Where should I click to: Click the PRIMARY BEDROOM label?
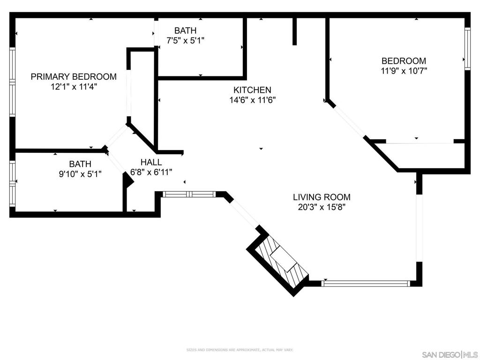click(x=74, y=76)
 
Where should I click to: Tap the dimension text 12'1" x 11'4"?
click(x=74, y=87)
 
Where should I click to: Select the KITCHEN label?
click(x=252, y=90)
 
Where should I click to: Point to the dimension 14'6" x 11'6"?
click(x=252, y=100)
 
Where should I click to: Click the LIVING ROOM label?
click(x=322, y=197)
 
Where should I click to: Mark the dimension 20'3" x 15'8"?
click(x=322, y=207)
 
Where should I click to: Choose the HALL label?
click(x=151, y=162)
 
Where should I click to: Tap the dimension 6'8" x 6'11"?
click(x=151, y=172)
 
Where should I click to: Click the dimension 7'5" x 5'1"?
click(x=185, y=41)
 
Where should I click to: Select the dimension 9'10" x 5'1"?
click(x=80, y=174)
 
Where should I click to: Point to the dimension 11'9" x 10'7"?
click(x=404, y=71)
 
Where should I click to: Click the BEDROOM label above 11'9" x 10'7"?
click(x=404, y=61)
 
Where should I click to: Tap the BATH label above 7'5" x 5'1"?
click(x=185, y=31)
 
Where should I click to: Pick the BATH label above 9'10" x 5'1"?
click(x=80, y=164)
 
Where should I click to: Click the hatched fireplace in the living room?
click(x=282, y=261)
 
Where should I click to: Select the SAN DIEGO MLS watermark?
click(x=450, y=354)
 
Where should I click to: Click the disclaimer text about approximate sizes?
click(x=240, y=350)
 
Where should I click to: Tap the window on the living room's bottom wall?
click(x=366, y=283)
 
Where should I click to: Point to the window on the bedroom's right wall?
click(x=467, y=49)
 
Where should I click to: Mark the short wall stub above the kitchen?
click(x=294, y=31)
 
